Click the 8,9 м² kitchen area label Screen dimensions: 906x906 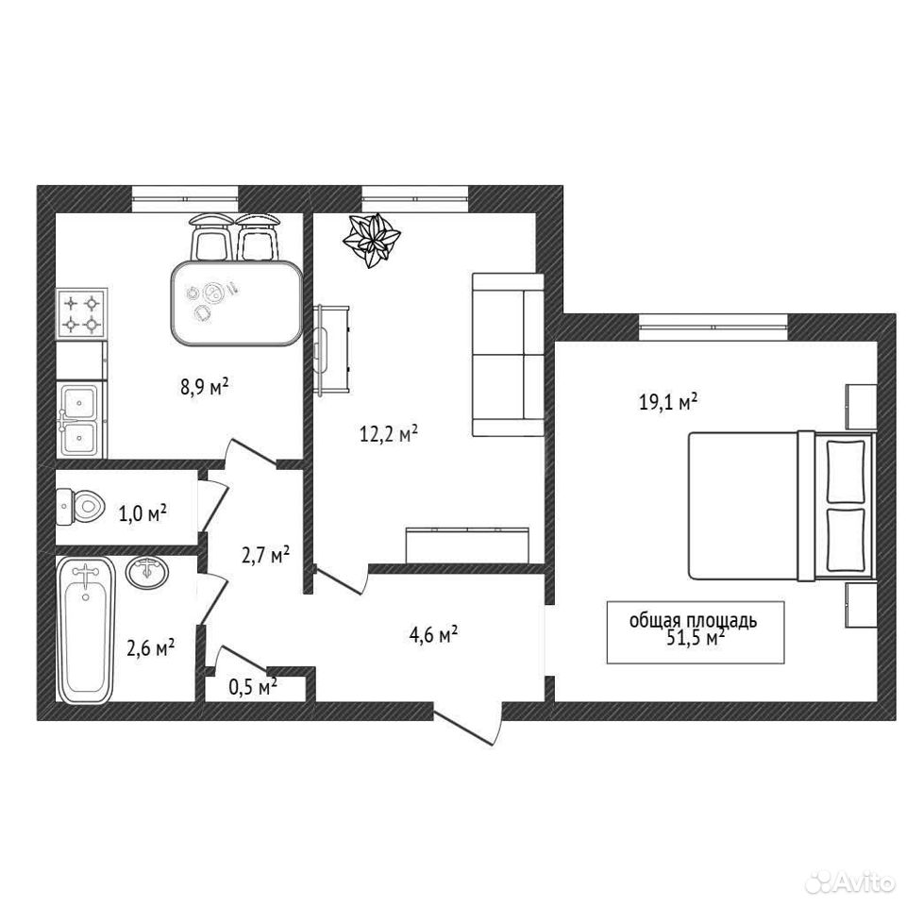pos(205,387)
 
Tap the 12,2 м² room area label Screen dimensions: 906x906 pos(389,433)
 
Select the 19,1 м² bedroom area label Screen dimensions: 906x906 pos(668,402)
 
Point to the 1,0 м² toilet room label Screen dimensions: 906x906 pos(143,512)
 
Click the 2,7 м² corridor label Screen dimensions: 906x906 pos(265,556)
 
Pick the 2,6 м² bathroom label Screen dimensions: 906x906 pos(151,648)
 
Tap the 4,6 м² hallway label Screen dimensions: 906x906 pos(433,636)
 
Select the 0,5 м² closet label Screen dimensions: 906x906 pos(253,686)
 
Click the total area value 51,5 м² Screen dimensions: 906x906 pos(696,638)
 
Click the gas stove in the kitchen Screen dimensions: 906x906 pos(81,314)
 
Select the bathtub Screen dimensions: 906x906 pos(86,630)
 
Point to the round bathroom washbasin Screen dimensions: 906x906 pos(148,573)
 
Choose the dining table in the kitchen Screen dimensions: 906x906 pos(236,303)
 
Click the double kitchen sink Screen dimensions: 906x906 pos(81,420)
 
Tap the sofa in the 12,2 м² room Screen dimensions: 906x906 pos(508,354)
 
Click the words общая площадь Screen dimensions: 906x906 pos(693,620)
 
